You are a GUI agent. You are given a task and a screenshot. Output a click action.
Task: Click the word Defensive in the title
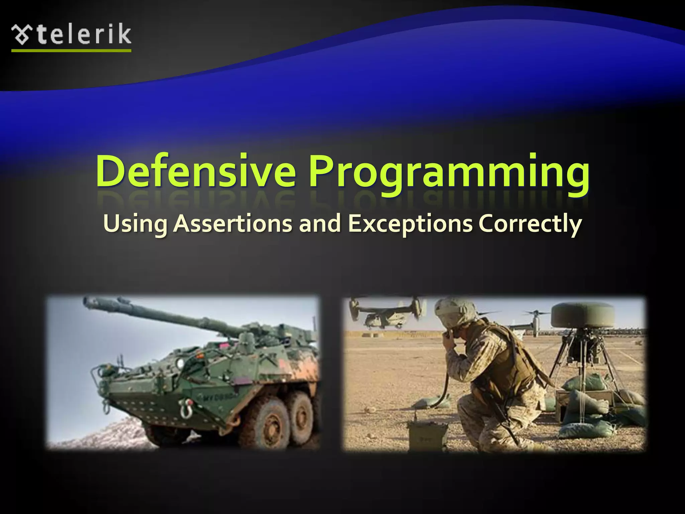coord(196,171)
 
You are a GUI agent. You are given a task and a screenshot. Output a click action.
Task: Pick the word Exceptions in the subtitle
coord(410,224)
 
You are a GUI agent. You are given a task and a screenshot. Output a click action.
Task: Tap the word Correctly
coord(530,224)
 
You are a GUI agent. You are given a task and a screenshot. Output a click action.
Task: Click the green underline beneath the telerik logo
coord(71,51)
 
